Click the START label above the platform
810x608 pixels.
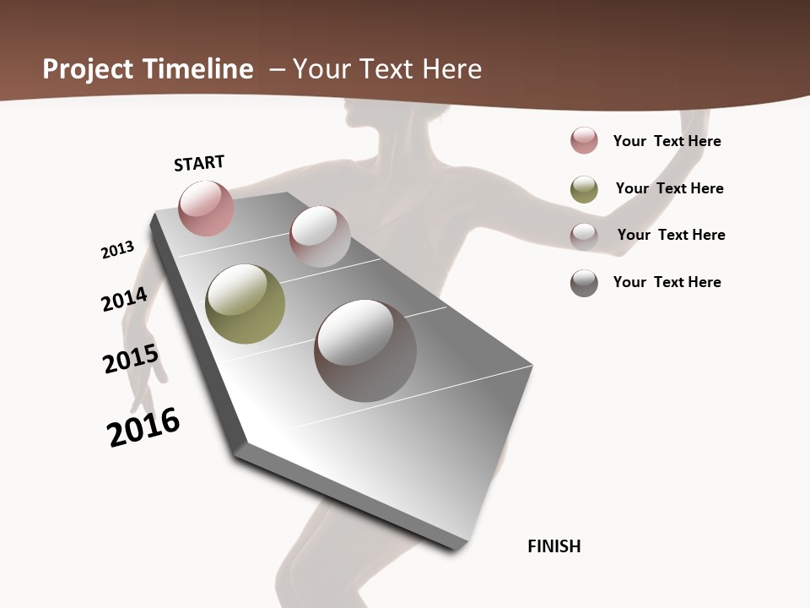[x=199, y=163]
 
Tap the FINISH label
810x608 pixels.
[x=553, y=546]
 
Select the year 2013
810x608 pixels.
[x=118, y=250]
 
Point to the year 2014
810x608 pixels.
[x=125, y=300]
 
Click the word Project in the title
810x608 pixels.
[x=88, y=69]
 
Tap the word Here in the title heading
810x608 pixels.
[x=452, y=69]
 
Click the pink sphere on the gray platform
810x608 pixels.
[x=206, y=208]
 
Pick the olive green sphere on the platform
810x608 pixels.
[x=245, y=304]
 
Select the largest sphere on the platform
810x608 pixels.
[x=365, y=350]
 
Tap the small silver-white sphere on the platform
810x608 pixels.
[x=320, y=236]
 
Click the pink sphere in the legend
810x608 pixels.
[x=584, y=141]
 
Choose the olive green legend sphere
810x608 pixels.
[x=584, y=189]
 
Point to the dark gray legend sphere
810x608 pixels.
[x=584, y=283]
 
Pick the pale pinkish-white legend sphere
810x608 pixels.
[x=584, y=236]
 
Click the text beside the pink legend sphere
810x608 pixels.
[x=667, y=141]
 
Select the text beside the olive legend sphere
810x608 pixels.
[x=669, y=188]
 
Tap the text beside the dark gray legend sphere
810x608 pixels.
[x=667, y=282]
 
